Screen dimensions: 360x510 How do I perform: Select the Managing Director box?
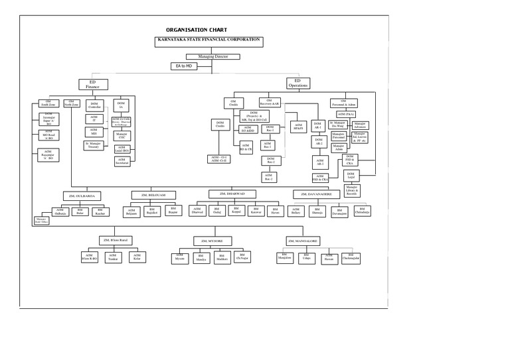208,57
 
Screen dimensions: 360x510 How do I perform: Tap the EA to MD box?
188,67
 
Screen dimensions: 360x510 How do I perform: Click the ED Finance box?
92,84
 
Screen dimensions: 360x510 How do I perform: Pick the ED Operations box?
298,83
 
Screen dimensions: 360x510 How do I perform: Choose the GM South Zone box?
48,103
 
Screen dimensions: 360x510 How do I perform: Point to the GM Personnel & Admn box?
343,103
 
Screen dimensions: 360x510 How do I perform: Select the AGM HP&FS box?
297,125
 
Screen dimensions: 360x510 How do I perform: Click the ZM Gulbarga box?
83,196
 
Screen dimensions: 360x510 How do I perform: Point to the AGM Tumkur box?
112,257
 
